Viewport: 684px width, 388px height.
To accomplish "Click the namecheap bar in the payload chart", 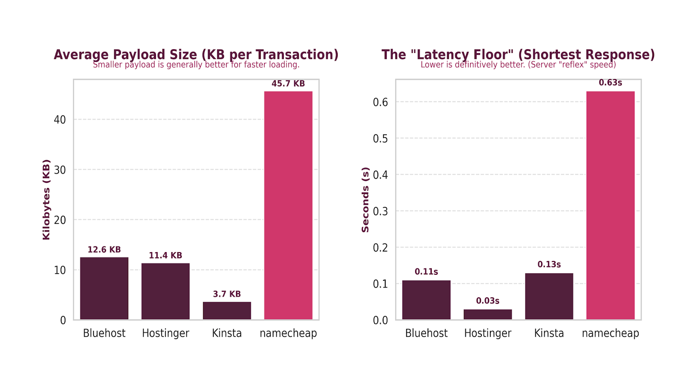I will [288, 205].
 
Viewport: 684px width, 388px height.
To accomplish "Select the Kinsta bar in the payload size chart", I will [227, 311].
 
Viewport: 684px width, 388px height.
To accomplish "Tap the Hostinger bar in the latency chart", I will [487, 315].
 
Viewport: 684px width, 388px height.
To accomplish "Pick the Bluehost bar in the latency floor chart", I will [426, 300].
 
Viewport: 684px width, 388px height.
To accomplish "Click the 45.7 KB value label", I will [288, 84].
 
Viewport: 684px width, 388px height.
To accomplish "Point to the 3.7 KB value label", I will [227, 294].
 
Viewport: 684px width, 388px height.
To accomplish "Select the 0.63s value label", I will [610, 83].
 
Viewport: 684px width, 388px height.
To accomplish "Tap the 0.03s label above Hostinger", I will [487, 301].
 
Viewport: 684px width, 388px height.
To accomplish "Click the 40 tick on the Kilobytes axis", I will [60, 120].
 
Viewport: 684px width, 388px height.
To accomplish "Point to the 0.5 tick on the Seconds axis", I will [380, 139].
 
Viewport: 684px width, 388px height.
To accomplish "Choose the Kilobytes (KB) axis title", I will [46, 200].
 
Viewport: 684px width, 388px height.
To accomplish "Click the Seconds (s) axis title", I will [365, 200].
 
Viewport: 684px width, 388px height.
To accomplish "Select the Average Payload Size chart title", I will [196, 54].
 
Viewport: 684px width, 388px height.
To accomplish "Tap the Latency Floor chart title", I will [518, 54].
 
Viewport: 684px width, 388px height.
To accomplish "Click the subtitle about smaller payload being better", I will [196, 65].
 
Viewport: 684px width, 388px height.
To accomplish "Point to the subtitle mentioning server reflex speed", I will [518, 65].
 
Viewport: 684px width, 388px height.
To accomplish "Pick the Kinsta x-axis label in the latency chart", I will [548, 333].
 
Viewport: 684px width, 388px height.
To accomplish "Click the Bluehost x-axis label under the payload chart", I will [104, 333].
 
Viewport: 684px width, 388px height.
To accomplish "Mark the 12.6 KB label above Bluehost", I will [104, 250].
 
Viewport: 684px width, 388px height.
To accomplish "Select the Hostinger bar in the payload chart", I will [165, 291].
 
